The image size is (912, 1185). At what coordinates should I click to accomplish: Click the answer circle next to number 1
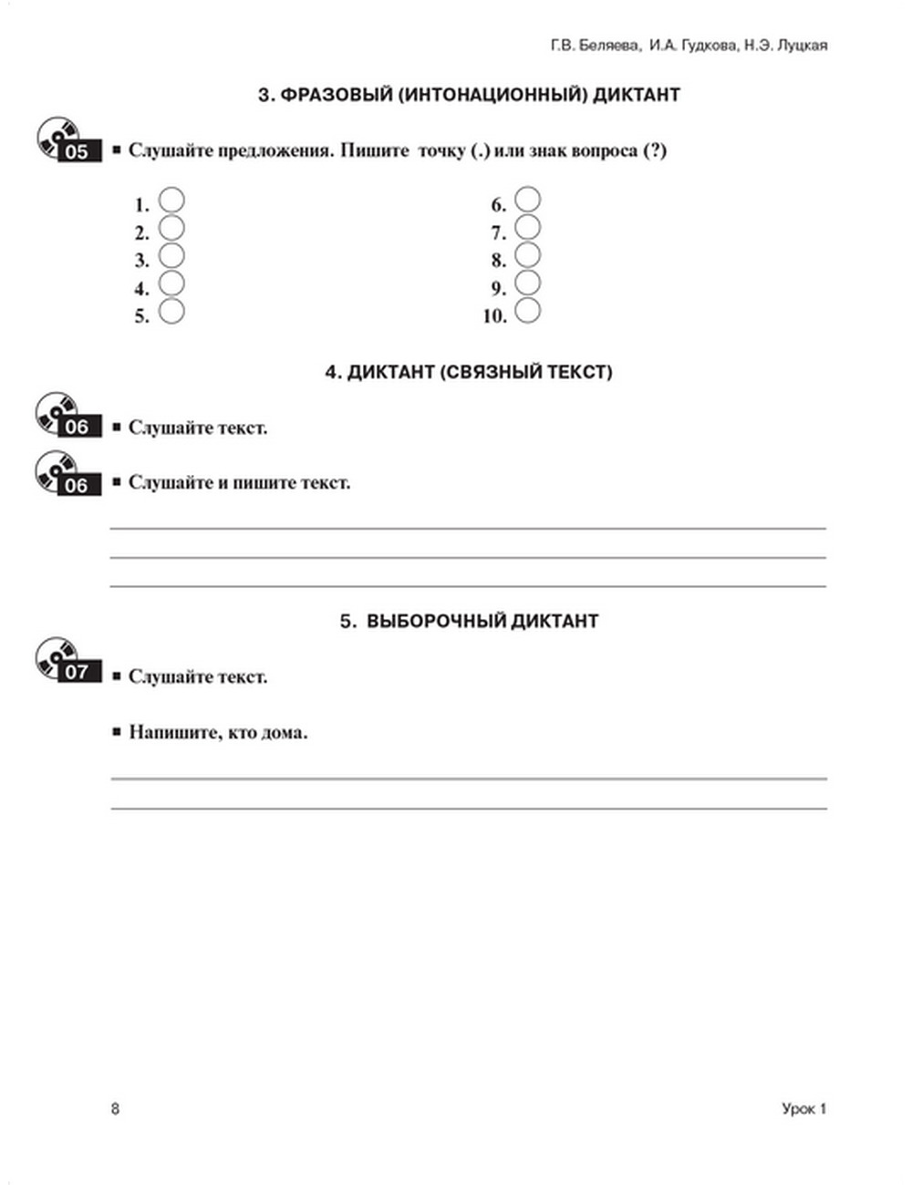[171, 200]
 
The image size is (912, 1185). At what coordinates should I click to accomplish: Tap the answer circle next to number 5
[171, 311]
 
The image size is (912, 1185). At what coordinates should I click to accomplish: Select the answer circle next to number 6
[527, 200]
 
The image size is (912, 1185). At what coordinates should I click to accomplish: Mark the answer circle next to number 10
[527, 311]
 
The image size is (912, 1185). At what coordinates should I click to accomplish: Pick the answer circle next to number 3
[171, 255]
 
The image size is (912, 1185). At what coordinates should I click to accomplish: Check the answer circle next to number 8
[527, 255]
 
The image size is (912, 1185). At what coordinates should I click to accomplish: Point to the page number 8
[115, 1108]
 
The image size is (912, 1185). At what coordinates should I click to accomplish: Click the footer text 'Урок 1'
[803, 1108]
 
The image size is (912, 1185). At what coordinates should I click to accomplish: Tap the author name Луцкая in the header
[800, 46]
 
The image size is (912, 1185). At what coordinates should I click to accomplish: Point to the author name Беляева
[610, 46]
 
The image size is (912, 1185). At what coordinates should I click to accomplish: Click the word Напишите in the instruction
[173, 732]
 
